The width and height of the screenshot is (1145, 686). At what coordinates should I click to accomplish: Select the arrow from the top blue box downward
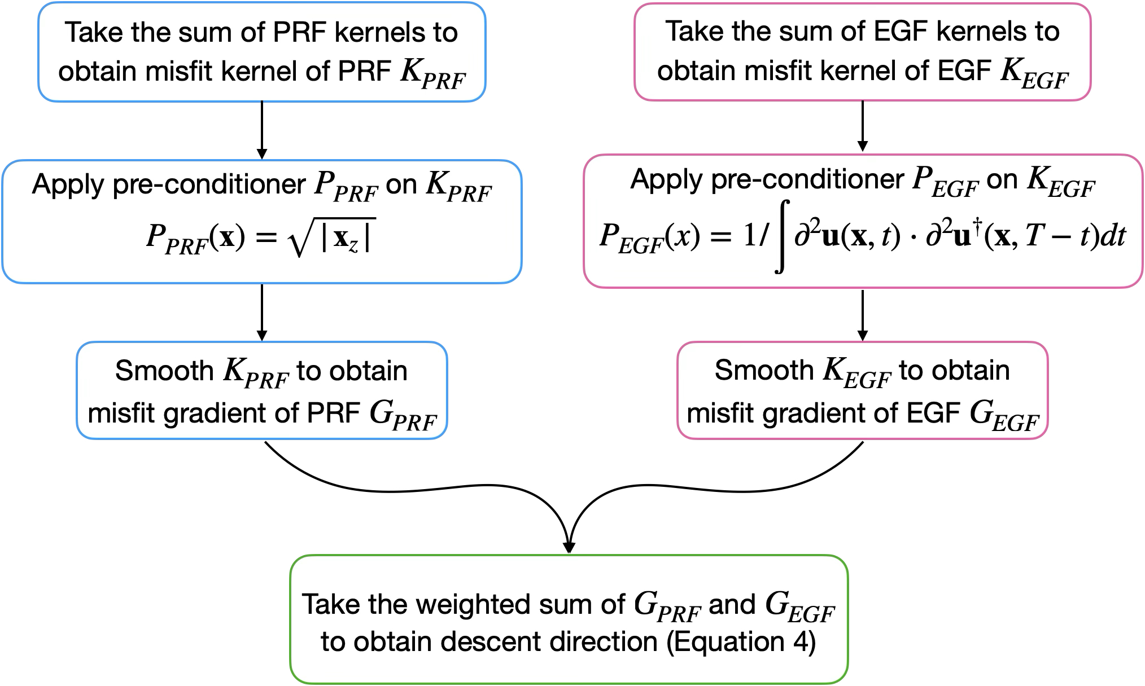pos(262,130)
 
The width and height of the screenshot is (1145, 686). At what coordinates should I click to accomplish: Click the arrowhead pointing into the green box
pos(569,546)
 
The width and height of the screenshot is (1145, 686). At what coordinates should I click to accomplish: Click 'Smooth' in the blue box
pos(164,371)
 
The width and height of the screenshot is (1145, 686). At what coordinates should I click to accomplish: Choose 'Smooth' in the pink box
pos(763,371)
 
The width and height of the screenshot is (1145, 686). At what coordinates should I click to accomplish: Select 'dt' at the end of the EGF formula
pos(1113,236)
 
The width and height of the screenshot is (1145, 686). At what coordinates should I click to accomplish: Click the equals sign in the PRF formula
pos(266,237)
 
